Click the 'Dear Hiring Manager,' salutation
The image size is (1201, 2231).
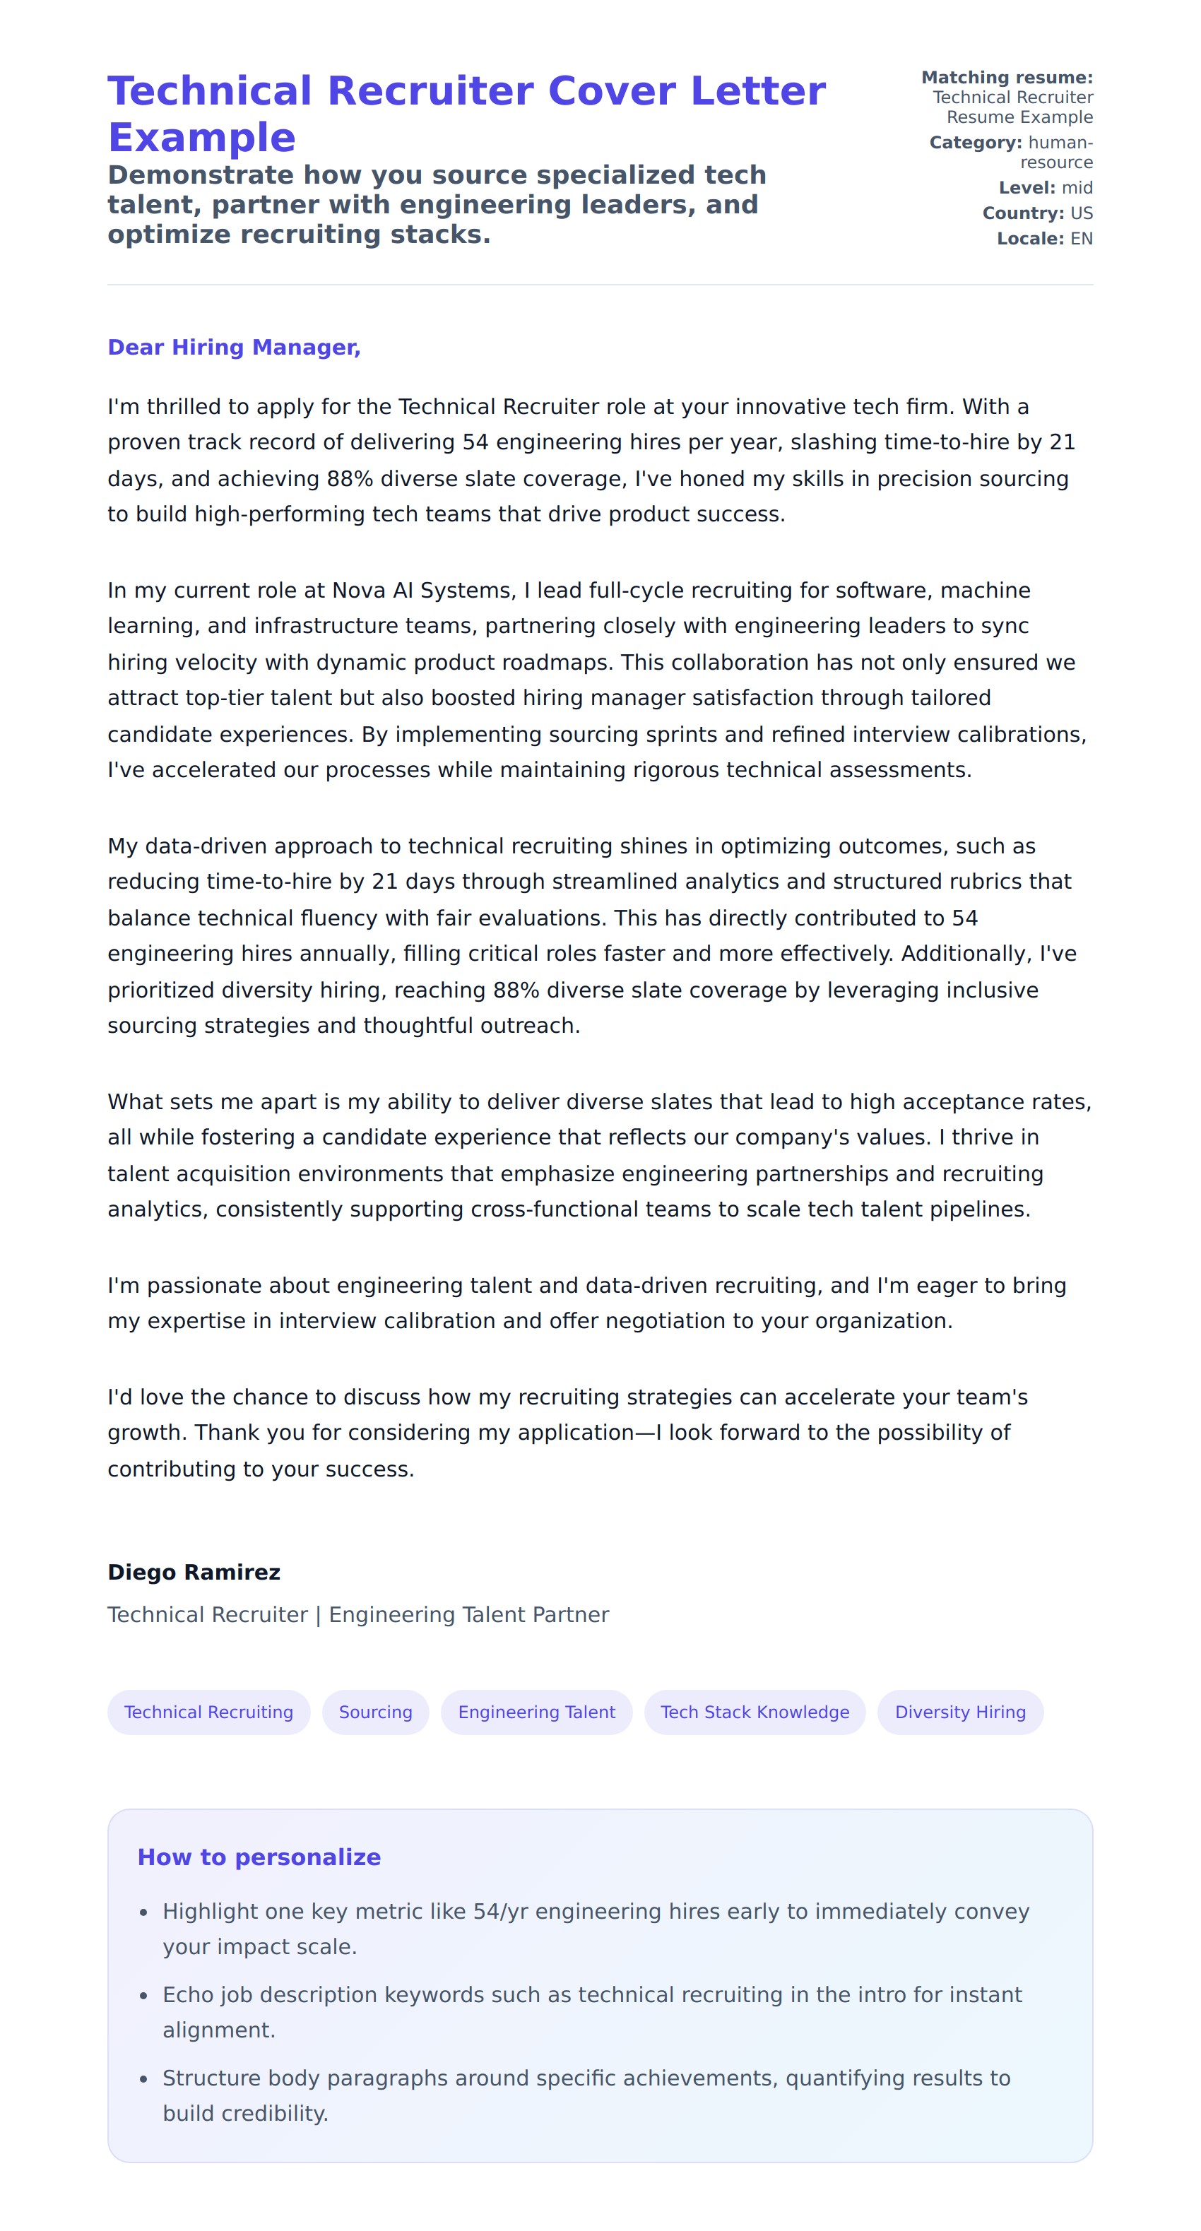click(x=234, y=348)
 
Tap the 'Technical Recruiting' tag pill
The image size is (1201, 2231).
click(x=208, y=1712)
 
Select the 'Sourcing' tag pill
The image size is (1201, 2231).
click(x=375, y=1712)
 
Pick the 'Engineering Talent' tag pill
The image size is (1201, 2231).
click(x=536, y=1712)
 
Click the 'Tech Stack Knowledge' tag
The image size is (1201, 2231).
click(x=755, y=1712)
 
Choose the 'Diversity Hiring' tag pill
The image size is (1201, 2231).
click(x=959, y=1712)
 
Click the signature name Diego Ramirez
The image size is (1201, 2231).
click(x=194, y=1573)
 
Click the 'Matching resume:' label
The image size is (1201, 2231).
click(x=1006, y=78)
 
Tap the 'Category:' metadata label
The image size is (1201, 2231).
click(x=975, y=143)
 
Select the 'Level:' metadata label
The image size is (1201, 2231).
click(x=1026, y=188)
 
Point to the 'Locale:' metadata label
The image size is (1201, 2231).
click(x=1029, y=239)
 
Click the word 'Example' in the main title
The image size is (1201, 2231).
click(x=202, y=138)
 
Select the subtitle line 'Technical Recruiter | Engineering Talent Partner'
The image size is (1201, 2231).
click(x=357, y=1615)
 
